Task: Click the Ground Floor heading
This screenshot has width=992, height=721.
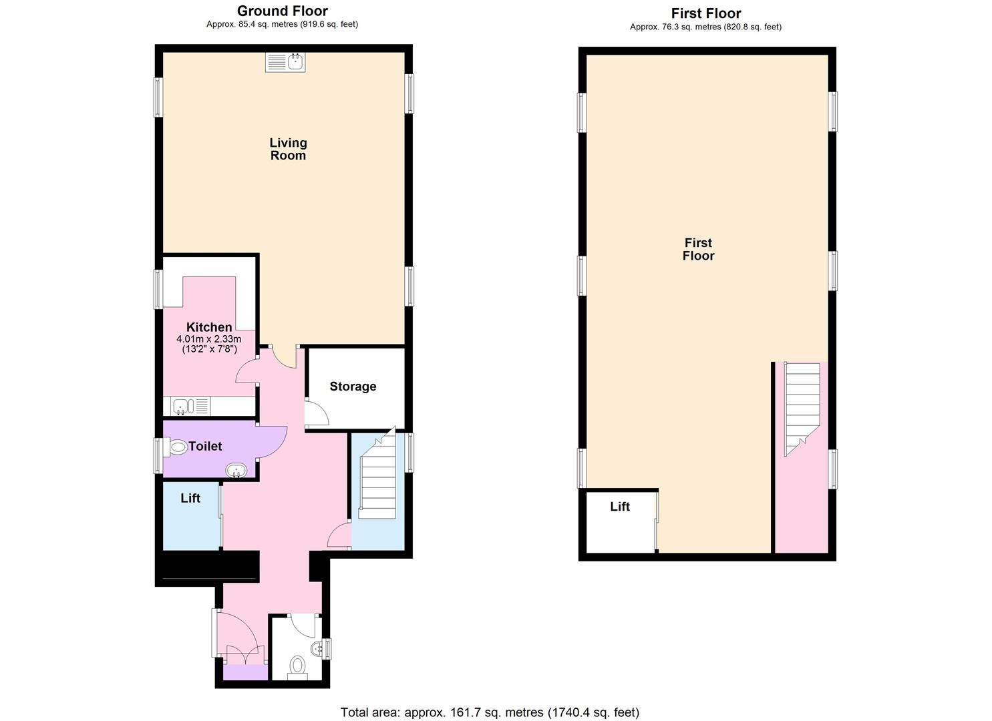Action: (282, 11)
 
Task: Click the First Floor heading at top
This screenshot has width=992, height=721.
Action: (705, 13)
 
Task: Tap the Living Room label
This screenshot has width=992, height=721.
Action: (288, 149)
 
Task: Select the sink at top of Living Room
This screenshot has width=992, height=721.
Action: (285, 62)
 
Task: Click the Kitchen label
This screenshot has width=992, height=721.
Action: (209, 327)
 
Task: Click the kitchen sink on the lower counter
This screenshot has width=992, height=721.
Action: (182, 406)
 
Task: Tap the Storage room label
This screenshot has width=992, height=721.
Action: (353, 387)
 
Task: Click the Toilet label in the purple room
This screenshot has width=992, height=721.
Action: (205, 446)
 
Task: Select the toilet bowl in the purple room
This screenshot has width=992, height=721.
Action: (178, 447)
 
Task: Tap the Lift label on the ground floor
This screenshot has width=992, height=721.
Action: (190, 498)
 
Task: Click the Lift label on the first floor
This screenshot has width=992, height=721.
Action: (620, 507)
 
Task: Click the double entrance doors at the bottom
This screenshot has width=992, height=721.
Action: (245, 654)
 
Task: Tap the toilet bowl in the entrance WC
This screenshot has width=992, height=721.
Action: (298, 665)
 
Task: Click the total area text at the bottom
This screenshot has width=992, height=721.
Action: (490, 712)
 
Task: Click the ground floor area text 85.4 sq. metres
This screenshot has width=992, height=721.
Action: (282, 25)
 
